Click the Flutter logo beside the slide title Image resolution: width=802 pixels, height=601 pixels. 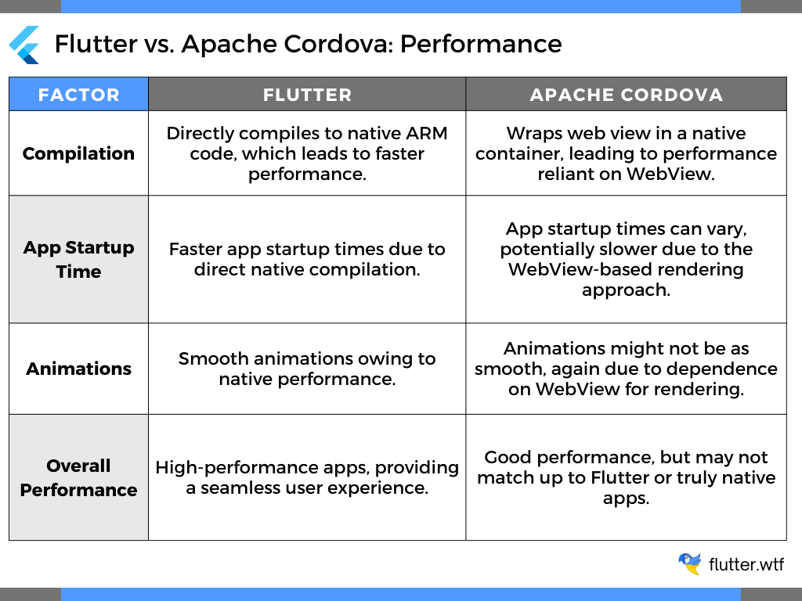24,45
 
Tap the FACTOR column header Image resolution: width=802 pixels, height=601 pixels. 78,95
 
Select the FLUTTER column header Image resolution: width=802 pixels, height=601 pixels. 307,95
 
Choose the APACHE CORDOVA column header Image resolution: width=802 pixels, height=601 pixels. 626,95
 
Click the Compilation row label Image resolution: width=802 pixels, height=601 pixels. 78,153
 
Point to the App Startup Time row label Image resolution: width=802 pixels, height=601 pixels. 78,259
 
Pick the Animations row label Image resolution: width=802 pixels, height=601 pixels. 78,369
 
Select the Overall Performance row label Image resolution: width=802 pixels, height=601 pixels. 78,477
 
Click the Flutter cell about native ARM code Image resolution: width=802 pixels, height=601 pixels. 307,153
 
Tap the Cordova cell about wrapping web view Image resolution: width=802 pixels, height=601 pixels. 626,153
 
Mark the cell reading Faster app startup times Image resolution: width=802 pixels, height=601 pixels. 307,259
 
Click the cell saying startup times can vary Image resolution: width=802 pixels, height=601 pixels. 626,259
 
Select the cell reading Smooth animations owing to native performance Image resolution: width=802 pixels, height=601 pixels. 307,369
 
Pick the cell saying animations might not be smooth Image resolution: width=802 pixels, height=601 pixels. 626,369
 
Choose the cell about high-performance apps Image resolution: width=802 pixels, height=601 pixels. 307,477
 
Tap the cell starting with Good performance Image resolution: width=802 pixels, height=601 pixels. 626,477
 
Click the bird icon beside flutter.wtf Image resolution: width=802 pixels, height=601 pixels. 689,563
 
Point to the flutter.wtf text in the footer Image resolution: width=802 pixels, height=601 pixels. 746,564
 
